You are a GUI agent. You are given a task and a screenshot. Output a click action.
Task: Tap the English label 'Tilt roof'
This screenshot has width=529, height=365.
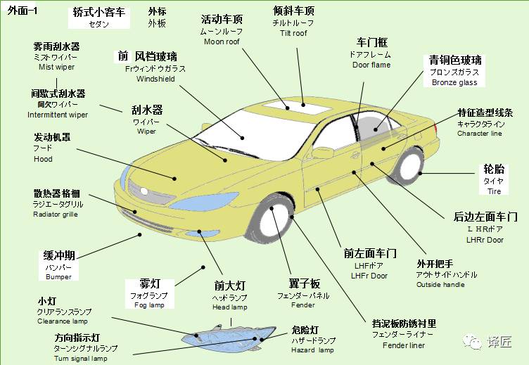[293, 33]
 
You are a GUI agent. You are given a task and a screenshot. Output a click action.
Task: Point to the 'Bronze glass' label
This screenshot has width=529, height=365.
[454, 82]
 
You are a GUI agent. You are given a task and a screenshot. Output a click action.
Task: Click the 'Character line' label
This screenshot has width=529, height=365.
[480, 133]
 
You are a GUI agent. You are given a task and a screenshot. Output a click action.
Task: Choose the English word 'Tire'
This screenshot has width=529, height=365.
[495, 191]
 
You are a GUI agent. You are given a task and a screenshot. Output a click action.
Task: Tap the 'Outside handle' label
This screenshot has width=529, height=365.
[440, 285]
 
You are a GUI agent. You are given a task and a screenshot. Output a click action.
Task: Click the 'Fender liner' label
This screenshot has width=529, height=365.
[404, 345]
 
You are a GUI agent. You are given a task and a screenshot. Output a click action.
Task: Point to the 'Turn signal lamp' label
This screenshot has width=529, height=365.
[81, 359]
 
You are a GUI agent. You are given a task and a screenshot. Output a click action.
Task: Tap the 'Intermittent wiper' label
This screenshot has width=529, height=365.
[58, 115]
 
